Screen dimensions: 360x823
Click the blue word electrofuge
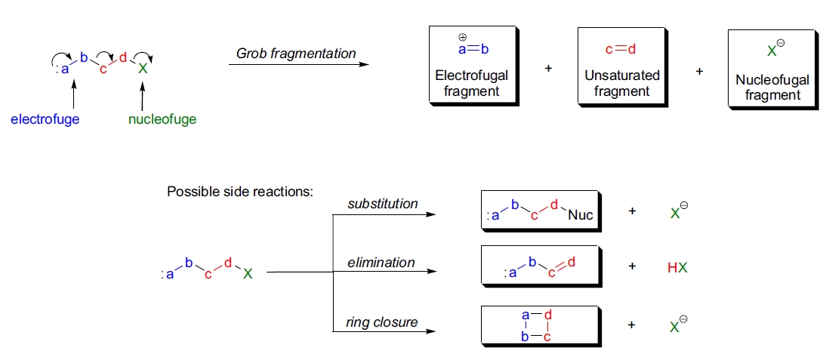tap(45, 119)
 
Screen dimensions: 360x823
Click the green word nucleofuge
tap(162, 119)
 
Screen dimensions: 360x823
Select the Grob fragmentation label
tap(296, 54)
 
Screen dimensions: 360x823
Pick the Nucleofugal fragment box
tap(772, 69)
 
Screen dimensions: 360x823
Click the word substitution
tap(383, 204)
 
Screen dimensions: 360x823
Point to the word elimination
tap(381, 263)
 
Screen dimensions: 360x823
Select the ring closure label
tap(382, 322)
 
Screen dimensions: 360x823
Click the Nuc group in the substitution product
tap(581, 215)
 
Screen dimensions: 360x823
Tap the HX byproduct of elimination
tap(678, 267)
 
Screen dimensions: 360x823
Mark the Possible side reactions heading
tap(240, 192)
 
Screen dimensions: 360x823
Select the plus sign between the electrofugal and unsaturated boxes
tap(548, 69)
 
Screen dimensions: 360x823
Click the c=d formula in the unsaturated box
tap(621, 50)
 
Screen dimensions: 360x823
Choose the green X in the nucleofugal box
tap(772, 51)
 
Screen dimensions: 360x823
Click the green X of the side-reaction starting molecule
tap(248, 274)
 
